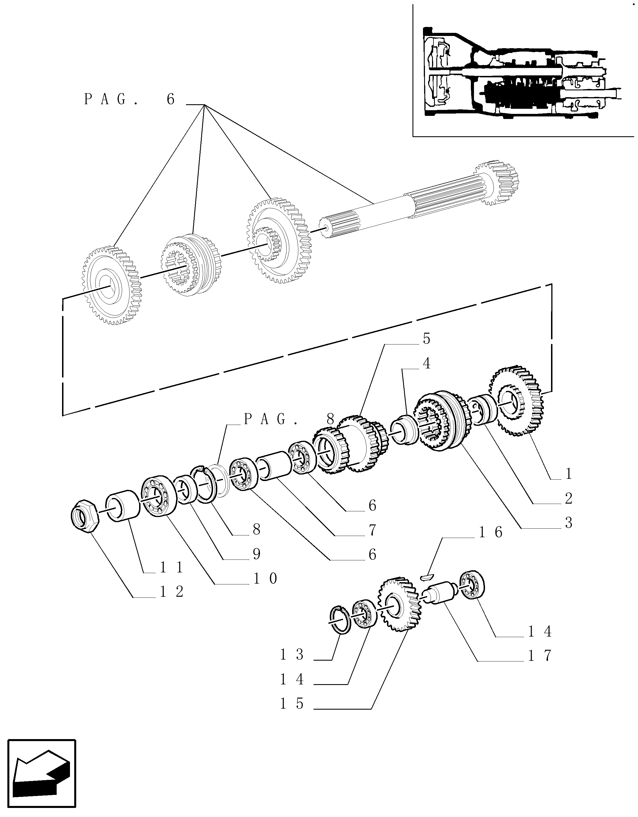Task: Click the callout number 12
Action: coord(172,592)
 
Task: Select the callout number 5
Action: coord(427,339)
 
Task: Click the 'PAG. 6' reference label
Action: coord(129,99)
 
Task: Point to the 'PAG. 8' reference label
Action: coord(289,419)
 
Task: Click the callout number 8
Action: coord(256,529)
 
